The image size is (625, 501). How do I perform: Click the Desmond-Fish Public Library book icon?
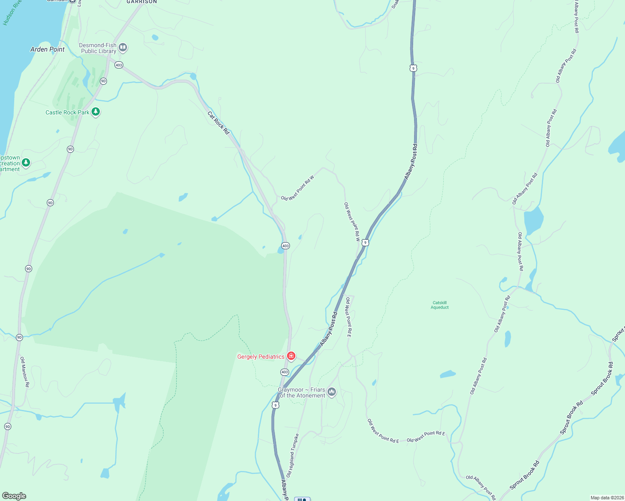coord(123,47)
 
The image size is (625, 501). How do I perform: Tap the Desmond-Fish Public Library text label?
coord(98,48)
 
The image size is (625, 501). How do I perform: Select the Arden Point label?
coord(48,49)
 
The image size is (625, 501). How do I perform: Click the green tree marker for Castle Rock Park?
coord(96,112)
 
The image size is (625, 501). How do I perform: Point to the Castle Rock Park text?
coord(67,112)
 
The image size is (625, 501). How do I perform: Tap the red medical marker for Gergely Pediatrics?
coord(291,356)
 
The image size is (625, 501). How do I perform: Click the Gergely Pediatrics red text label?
coord(261,357)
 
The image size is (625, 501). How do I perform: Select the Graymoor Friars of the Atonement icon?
coord(332,392)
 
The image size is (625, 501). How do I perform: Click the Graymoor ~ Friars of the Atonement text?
coord(302,392)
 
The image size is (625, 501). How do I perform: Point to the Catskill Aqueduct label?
coord(440,305)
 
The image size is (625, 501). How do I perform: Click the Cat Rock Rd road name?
coord(218,123)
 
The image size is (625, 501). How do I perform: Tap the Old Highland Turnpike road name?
coord(292,455)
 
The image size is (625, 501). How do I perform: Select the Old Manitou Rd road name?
coord(25,372)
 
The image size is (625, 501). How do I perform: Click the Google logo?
coord(14,496)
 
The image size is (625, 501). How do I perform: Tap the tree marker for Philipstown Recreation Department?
coord(26,162)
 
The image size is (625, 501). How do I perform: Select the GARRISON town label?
coord(142,2)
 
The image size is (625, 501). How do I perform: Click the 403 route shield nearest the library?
coord(119,65)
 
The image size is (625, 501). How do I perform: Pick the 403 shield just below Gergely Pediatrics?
coord(285,372)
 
